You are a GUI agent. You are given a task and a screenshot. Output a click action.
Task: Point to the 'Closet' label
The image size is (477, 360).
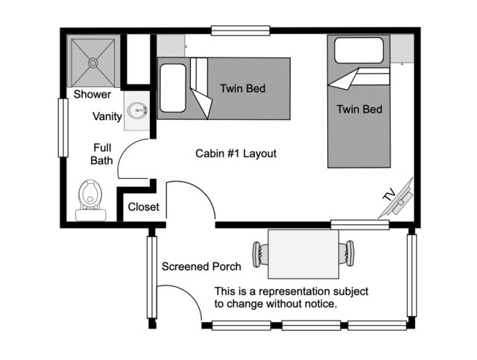click(x=143, y=207)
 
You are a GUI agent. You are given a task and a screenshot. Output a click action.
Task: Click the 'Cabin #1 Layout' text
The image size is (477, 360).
click(x=236, y=154)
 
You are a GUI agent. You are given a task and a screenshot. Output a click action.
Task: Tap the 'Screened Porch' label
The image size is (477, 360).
click(x=201, y=267)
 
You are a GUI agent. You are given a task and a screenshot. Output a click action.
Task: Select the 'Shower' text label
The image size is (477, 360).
click(x=92, y=95)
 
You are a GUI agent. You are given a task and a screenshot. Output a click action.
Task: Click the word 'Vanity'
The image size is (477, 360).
click(x=107, y=116)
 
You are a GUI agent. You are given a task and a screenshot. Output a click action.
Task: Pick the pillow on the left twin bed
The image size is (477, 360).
click(x=172, y=88)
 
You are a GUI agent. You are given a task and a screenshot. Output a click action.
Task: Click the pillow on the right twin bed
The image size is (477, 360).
click(x=359, y=49)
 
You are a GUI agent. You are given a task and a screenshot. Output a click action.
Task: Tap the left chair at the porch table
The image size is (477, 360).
click(x=260, y=253)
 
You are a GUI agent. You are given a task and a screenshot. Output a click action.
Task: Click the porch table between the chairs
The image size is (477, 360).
click(x=303, y=253)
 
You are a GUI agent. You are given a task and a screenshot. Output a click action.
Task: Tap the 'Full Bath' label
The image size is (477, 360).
click(x=102, y=154)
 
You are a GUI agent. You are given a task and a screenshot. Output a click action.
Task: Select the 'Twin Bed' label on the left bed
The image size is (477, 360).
click(x=242, y=89)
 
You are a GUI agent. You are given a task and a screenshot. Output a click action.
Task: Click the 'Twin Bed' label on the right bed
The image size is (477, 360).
click(x=359, y=110)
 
